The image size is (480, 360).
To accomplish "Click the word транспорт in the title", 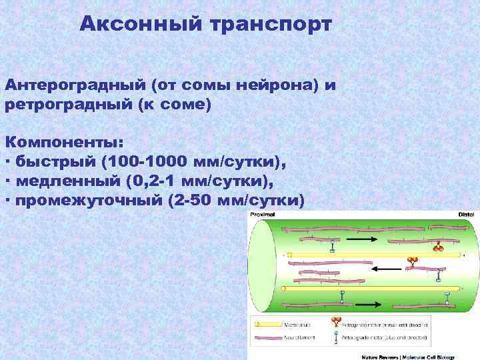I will [271, 25].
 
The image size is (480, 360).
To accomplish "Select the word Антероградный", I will [75, 87].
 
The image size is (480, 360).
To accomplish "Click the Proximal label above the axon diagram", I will [261, 215].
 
